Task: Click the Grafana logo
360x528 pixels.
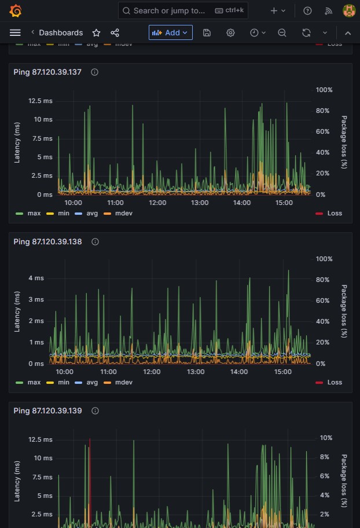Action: coord(16,11)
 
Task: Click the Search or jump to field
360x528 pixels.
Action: coord(183,11)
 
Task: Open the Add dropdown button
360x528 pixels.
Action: coord(171,32)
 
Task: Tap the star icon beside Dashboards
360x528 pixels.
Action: coord(96,32)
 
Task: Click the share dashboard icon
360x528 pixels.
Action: coord(115,32)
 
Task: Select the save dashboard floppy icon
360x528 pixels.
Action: coord(207,32)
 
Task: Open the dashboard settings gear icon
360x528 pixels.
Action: coord(230,32)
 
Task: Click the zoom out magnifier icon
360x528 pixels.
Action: coord(282,32)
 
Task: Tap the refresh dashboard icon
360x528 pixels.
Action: coord(306,32)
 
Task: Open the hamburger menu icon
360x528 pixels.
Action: coord(15,32)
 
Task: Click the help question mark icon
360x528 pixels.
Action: coord(307,11)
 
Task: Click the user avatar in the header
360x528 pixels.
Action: coord(349,11)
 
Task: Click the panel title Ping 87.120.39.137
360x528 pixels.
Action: coord(47,72)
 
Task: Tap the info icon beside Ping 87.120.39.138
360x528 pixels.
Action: coord(95,242)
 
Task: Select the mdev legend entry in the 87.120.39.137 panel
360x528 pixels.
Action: coord(118,214)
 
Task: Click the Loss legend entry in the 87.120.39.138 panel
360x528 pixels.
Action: coord(329,383)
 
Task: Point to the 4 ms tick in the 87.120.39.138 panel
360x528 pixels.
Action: coord(36,278)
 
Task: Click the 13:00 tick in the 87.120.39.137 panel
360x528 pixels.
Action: coord(200,203)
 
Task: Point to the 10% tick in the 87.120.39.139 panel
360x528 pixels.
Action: coord(326,438)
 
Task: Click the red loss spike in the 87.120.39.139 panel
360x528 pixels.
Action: coord(90,482)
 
